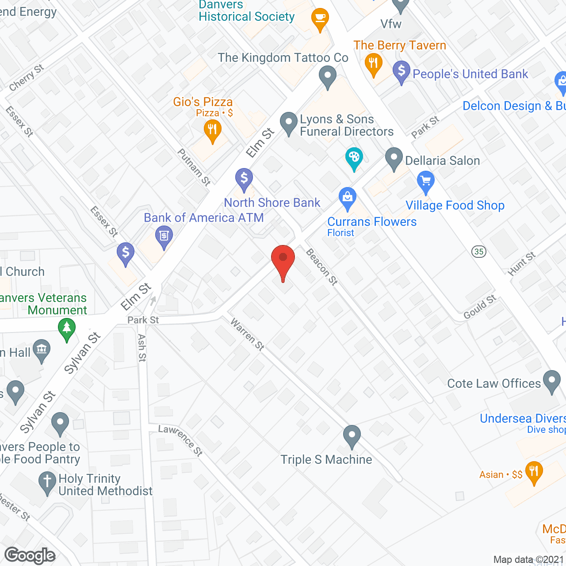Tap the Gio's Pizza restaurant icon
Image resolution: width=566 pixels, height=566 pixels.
tap(213, 130)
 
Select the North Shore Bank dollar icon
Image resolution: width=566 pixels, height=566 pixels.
tap(244, 179)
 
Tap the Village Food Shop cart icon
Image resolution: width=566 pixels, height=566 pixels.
tap(426, 181)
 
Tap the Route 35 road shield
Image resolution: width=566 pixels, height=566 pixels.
tap(478, 252)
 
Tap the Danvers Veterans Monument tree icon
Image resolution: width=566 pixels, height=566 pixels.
tap(67, 329)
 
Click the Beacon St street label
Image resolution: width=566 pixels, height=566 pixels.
tap(322, 266)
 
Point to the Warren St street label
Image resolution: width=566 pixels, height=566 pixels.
tap(247, 334)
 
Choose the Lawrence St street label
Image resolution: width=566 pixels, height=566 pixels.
tap(181, 440)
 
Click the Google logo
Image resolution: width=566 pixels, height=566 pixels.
tap(30, 555)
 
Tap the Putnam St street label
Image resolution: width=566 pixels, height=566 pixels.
tap(194, 167)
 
